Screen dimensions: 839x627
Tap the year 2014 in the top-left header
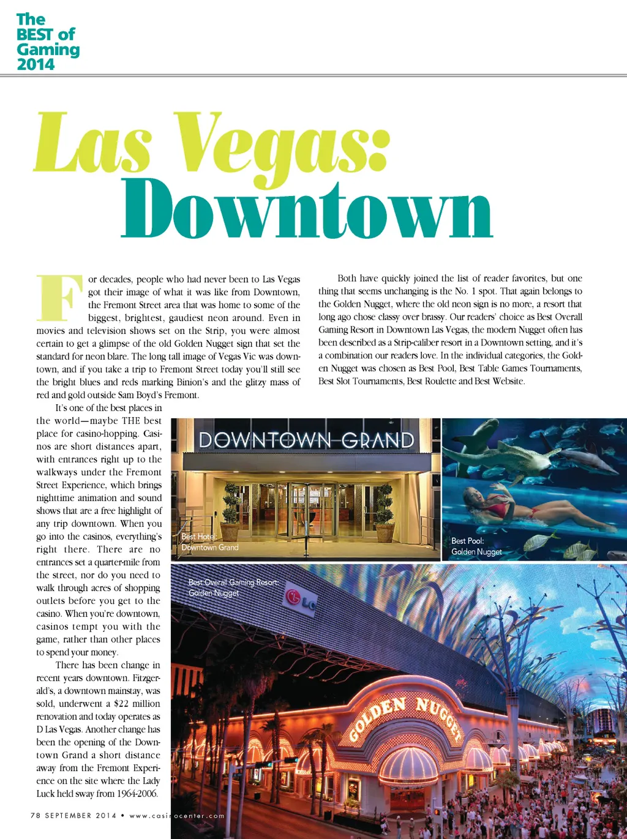pos(36,64)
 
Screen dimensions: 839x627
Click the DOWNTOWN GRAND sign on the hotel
pos(306,440)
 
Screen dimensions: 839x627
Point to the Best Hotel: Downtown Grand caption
pos(209,542)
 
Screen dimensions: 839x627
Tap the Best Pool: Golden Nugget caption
pos(476,546)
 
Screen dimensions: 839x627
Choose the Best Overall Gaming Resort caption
pos(233,587)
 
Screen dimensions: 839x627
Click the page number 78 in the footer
pos(36,815)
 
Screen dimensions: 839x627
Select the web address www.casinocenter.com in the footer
pos(177,816)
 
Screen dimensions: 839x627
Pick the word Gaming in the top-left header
pos(48,50)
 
